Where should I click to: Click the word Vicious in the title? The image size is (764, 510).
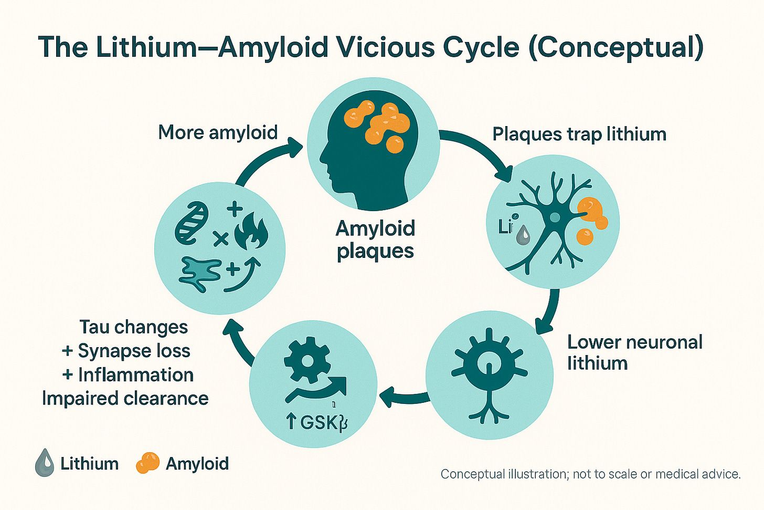[386, 47]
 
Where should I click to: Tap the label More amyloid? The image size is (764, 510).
[218, 132]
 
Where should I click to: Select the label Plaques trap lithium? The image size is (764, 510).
[579, 134]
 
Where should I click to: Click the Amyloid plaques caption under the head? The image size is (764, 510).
[375, 240]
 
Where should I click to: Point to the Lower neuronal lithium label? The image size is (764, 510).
[634, 352]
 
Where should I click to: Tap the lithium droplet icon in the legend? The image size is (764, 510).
[45, 463]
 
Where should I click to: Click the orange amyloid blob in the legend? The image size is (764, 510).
[147, 463]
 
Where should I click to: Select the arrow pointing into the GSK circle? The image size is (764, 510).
[404, 397]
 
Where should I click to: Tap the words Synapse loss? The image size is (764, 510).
[134, 351]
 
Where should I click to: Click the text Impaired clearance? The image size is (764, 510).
[125, 398]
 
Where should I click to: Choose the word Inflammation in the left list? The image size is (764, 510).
[136, 374]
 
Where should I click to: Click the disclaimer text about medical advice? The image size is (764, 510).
[590, 474]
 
